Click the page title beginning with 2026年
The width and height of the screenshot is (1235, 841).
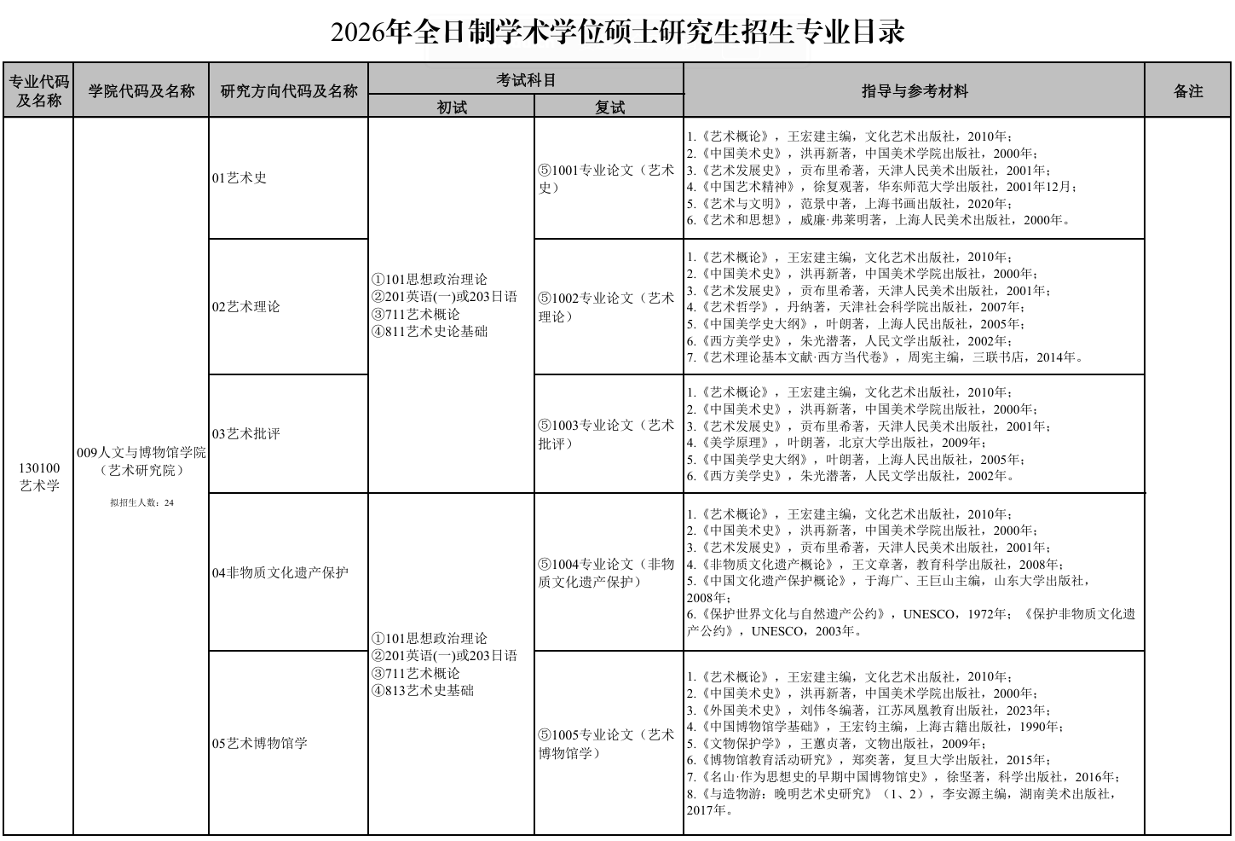pos(617,32)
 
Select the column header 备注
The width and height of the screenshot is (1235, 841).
pos(1187,91)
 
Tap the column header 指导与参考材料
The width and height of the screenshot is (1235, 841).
pos(914,91)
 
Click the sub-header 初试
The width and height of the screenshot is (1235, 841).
pos(452,107)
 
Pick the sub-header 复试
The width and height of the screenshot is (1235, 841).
pos(609,107)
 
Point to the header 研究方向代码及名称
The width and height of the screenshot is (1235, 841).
pos(289,91)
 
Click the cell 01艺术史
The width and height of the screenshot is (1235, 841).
pos(239,178)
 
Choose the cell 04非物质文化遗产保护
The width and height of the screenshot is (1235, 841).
pos(280,572)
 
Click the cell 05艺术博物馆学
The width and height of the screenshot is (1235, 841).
pos(259,743)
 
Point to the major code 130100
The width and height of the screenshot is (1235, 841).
pos(39,467)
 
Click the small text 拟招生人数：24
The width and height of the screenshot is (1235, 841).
pos(141,503)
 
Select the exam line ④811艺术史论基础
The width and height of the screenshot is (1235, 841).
pos(430,332)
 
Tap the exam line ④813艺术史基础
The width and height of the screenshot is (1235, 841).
pos(423,690)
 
